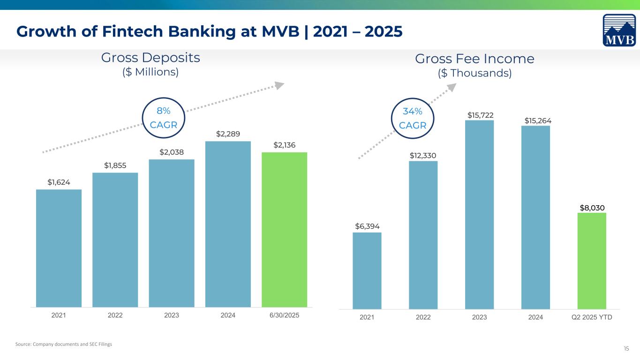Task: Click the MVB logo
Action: (619, 30)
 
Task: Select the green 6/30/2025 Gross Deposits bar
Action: (284, 230)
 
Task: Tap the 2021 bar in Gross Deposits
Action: (59, 248)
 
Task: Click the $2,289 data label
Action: (228, 134)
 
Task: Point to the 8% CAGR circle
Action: (163, 118)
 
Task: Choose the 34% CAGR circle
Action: (413, 118)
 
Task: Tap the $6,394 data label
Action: (367, 226)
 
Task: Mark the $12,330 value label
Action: (423, 155)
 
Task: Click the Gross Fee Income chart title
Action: (474, 59)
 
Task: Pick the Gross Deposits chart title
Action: (151, 58)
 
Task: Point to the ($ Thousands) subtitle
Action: (474, 74)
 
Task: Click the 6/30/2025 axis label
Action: (284, 315)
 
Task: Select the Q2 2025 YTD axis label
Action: (592, 317)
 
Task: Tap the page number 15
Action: (626, 348)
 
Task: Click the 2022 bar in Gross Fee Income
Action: (423, 235)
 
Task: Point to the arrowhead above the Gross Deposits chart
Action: (279, 85)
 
